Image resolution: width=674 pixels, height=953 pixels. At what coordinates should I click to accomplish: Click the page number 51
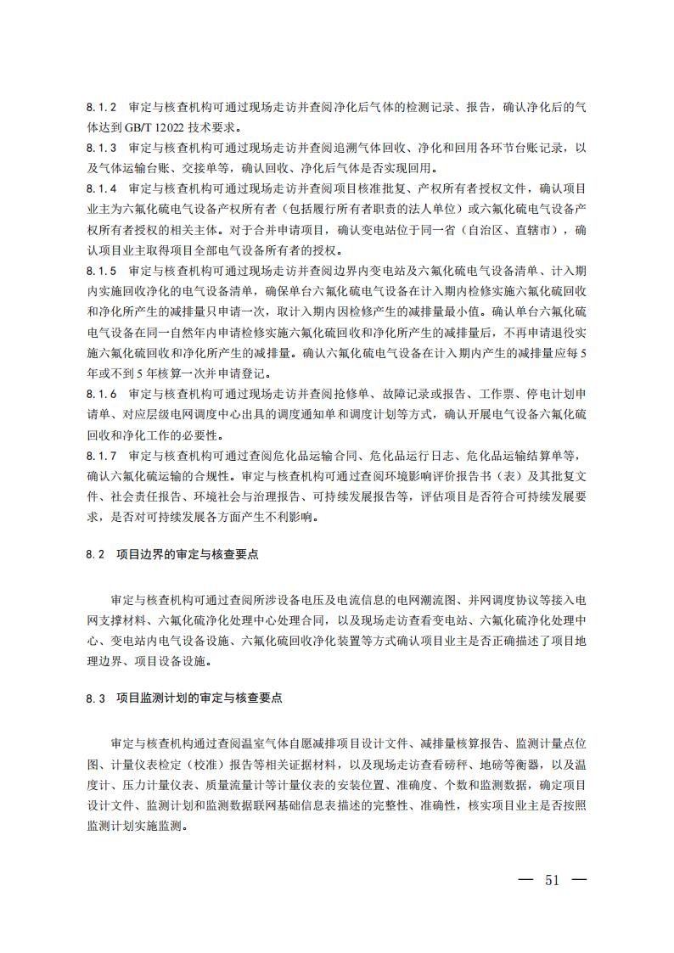[x=553, y=879]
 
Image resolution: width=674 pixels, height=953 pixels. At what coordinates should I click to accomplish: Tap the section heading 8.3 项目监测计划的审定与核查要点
[x=183, y=698]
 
